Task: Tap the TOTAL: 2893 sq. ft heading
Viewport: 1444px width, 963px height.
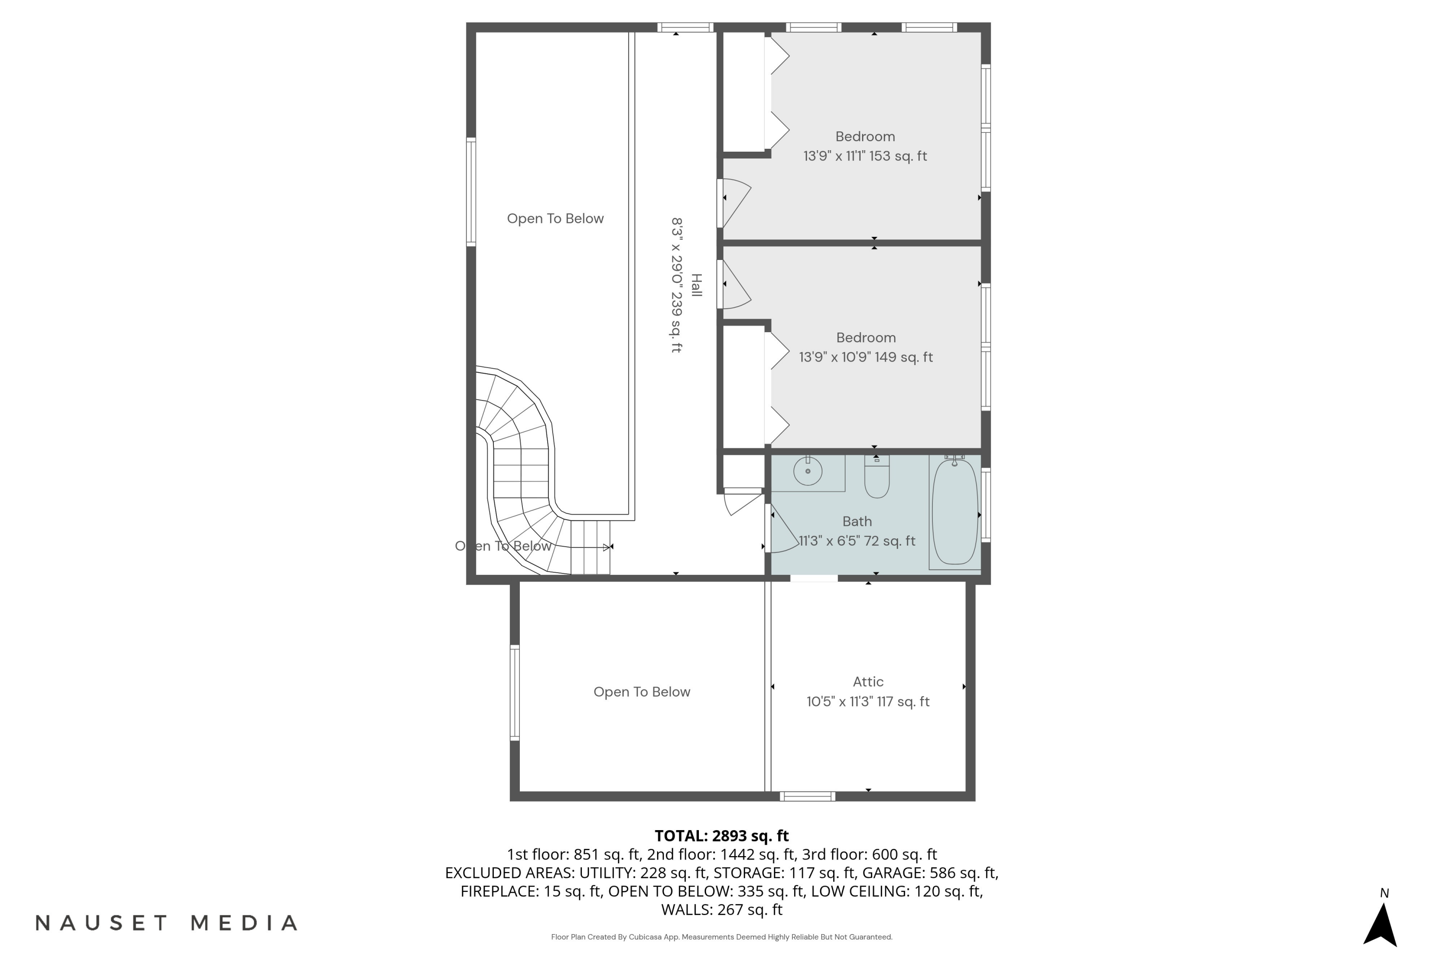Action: [x=722, y=836]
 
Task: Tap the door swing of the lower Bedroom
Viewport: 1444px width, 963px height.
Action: [x=735, y=286]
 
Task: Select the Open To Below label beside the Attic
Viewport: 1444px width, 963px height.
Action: [x=642, y=692]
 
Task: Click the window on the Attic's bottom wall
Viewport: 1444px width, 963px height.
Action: [x=807, y=796]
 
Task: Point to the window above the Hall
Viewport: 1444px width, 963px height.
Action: [x=684, y=27]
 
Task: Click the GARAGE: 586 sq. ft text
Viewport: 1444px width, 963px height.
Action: [x=929, y=872]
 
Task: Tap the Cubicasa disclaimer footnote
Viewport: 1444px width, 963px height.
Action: [x=722, y=937]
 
